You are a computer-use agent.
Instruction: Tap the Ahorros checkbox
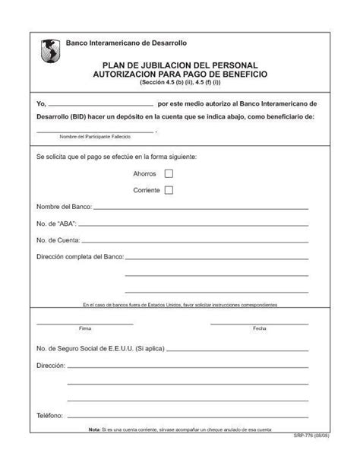point(169,174)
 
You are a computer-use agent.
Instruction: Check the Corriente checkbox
point(169,190)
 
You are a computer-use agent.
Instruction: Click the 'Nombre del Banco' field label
point(64,207)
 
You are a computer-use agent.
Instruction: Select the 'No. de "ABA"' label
point(56,223)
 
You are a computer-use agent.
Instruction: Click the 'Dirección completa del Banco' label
point(80,257)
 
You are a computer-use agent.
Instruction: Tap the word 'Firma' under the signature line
point(84,328)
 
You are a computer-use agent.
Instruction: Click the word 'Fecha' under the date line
point(259,328)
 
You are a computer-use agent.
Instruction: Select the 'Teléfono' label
point(49,416)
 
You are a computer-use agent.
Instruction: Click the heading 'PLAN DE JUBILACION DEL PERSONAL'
point(185,65)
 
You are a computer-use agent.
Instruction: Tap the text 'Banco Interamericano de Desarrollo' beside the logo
point(126,43)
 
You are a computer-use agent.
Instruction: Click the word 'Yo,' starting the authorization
point(42,103)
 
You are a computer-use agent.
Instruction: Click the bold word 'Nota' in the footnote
point(94,430)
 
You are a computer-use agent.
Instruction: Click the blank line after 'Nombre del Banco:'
point(201,207)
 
